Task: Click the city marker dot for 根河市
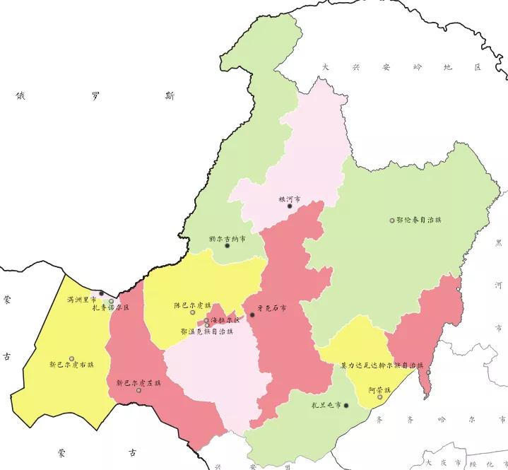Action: click(289, 206)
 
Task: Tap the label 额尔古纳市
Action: click(227, 239)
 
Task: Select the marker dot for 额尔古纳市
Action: click(228, 246)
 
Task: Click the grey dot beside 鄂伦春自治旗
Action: click(392, 221)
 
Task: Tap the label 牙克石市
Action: click(272, 309)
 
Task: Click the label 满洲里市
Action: click(81, 299)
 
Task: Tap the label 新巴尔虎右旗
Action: click(71, 365)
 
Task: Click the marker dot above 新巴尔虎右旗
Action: click(71, 358)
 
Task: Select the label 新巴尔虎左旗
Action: click(138, 382)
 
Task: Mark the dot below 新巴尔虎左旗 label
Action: click(138, 390)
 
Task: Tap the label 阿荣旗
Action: click(379, 389)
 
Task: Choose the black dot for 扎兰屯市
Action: click(346, 406)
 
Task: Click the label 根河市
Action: click(290, 199)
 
